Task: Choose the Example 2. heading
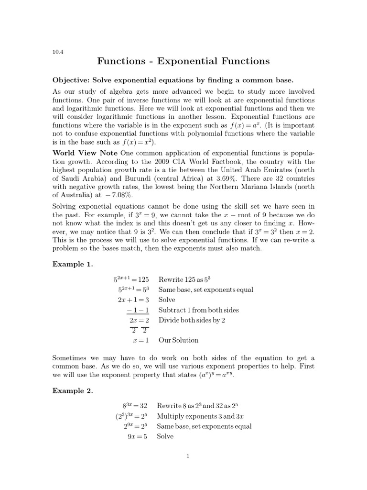click(72, 390)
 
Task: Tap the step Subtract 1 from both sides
click(205, 310)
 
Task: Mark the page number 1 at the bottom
click(188, 456)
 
